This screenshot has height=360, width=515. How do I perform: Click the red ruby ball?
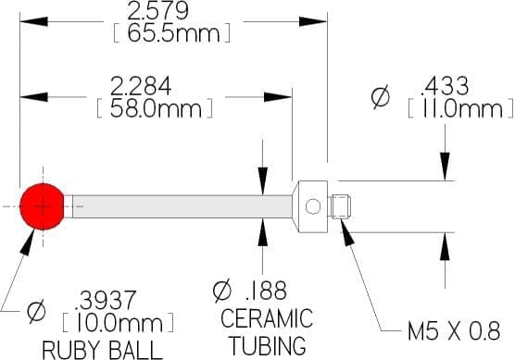click(x=42, y=206)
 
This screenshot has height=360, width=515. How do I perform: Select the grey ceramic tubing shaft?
click(x=182, y=206)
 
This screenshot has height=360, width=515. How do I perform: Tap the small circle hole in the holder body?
click(x=313, y=206)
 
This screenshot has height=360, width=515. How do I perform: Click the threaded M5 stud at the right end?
click(x=341, y=206)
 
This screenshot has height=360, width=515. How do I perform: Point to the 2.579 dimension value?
click(x=157, y=10)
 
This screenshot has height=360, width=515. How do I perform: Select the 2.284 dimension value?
click(x=141, y=86)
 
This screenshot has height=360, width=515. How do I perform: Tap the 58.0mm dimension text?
click(x=156, y=109)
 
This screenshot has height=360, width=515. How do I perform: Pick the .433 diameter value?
click(x=446, y=86)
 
